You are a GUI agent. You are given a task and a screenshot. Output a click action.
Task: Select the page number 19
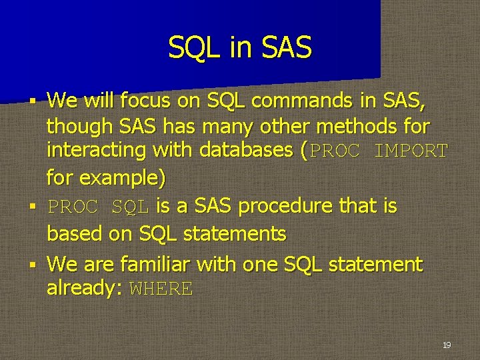tap(446, 345)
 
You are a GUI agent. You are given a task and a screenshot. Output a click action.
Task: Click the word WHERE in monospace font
tap(161, 289)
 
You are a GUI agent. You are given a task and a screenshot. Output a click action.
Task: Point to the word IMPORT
tap(411, 151)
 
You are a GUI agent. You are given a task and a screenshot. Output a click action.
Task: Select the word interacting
tap(96, 151)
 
